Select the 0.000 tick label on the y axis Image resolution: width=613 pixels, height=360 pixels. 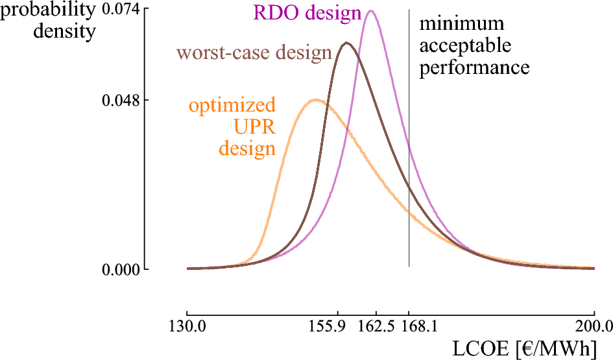pos(121,270)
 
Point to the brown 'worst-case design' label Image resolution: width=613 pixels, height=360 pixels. pos(255,53)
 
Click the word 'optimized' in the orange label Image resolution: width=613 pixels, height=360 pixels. pos(232,105)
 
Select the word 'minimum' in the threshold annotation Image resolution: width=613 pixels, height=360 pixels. pos(461,24)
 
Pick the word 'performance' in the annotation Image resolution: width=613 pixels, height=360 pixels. pos(474,67)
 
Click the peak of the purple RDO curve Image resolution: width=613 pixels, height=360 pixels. pos(370,10)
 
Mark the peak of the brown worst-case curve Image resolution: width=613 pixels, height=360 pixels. pos(347,43)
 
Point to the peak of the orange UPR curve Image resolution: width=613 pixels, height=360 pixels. pos(316,100)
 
